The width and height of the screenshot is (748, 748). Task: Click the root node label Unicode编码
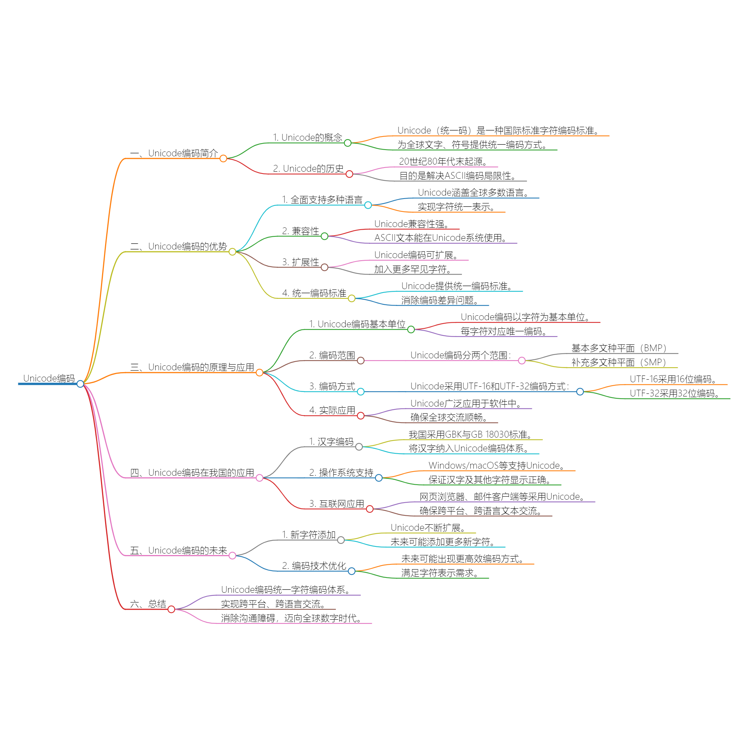[49, 378]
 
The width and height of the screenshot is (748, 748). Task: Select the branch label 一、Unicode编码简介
[174, 153]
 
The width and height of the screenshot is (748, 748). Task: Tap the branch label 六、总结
[148, 604]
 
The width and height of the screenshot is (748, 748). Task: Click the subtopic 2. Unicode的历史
[308, 169]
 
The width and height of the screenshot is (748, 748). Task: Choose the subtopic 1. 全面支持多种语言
[322, 200]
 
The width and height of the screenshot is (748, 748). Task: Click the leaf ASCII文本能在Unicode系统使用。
[441, 238]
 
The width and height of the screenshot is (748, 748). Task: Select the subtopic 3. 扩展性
[300, 262]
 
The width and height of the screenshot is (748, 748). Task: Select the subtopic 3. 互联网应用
[337, 504]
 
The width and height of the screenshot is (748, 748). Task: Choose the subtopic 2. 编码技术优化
[314, 565]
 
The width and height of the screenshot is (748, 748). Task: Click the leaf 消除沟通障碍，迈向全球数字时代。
[292, 618]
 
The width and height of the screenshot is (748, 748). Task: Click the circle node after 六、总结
[172, 609]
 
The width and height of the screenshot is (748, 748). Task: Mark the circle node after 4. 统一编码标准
[352, 298]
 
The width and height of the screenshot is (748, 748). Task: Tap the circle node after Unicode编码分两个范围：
[522, 361]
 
